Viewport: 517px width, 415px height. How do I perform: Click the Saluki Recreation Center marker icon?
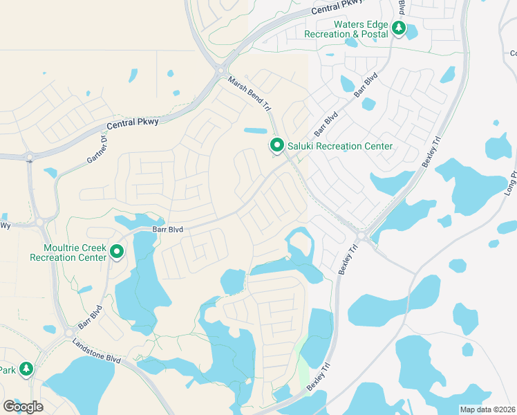[277, 145]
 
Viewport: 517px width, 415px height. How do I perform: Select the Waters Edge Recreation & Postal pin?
[398, 28]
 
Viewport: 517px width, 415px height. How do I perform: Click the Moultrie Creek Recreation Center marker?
[117, 252]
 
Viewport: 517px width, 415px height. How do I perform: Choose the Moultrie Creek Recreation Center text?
[68, 252]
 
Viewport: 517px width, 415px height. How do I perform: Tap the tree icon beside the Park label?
[26, 369]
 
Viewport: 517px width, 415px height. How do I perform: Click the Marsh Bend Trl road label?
[249, 94]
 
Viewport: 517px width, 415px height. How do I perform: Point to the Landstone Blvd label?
[96, 340]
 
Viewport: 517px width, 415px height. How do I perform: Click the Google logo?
[23, 406]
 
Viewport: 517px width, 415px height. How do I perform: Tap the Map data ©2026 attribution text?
[487, 409]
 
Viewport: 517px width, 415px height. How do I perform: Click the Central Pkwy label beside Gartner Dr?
[133, 124]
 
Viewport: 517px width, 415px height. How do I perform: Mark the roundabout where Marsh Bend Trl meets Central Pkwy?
[220, 69]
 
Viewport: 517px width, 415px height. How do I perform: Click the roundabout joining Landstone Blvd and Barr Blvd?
[68, 333]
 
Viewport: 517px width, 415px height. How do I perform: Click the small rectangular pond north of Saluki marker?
[255, 131]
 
